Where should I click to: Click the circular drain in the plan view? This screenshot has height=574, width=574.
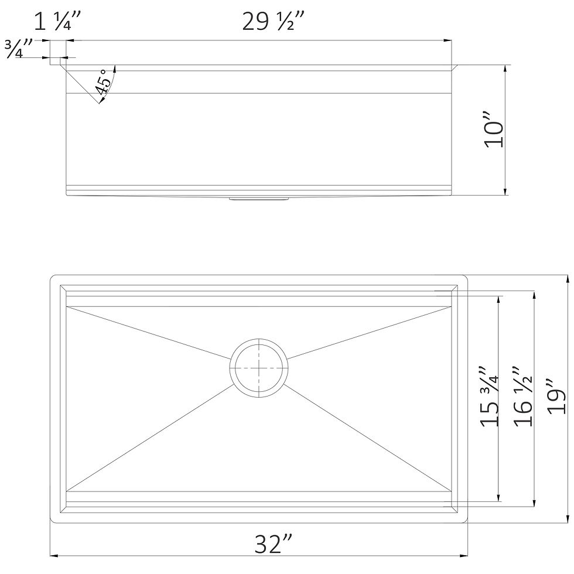tap(259, 367)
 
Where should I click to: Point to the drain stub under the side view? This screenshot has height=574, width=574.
tap(258, 199)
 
